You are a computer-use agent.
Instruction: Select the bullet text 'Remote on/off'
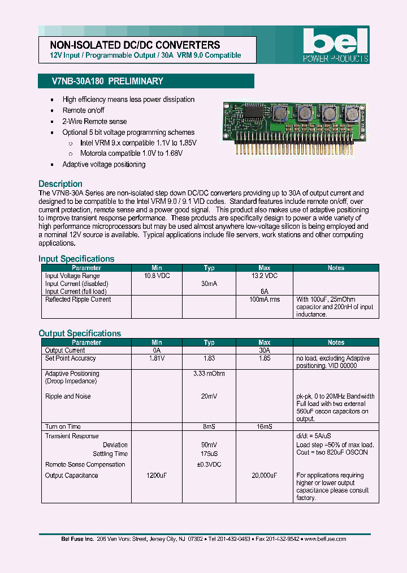click(x=83, y=110)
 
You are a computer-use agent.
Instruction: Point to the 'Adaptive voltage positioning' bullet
click(x=103, y=164)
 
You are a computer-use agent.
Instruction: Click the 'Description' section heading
click(x=60, y=184)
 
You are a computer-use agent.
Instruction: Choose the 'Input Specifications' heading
click(x=76, y=259)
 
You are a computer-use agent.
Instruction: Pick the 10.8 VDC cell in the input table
click(x=157, y=276)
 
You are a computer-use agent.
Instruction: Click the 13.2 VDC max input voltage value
click(x=264, y=276)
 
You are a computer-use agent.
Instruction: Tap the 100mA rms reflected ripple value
click(x=264, y=300)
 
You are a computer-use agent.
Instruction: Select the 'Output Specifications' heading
click(x=80, y=333)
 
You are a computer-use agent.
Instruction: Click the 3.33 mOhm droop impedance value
click(x=209, y=374)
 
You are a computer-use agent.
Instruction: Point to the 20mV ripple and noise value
click(x=209, y=396)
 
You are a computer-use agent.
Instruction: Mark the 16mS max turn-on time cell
click(x=264, y=426)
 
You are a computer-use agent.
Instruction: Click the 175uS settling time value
click(x=209, y=454)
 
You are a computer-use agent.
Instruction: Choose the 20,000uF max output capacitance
click(x=264, y=476)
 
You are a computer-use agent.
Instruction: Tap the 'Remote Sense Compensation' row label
click(x=85, y=464)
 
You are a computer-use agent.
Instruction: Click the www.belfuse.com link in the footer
click(x=325, y=539)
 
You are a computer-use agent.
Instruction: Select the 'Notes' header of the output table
click(x=336, y=343)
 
